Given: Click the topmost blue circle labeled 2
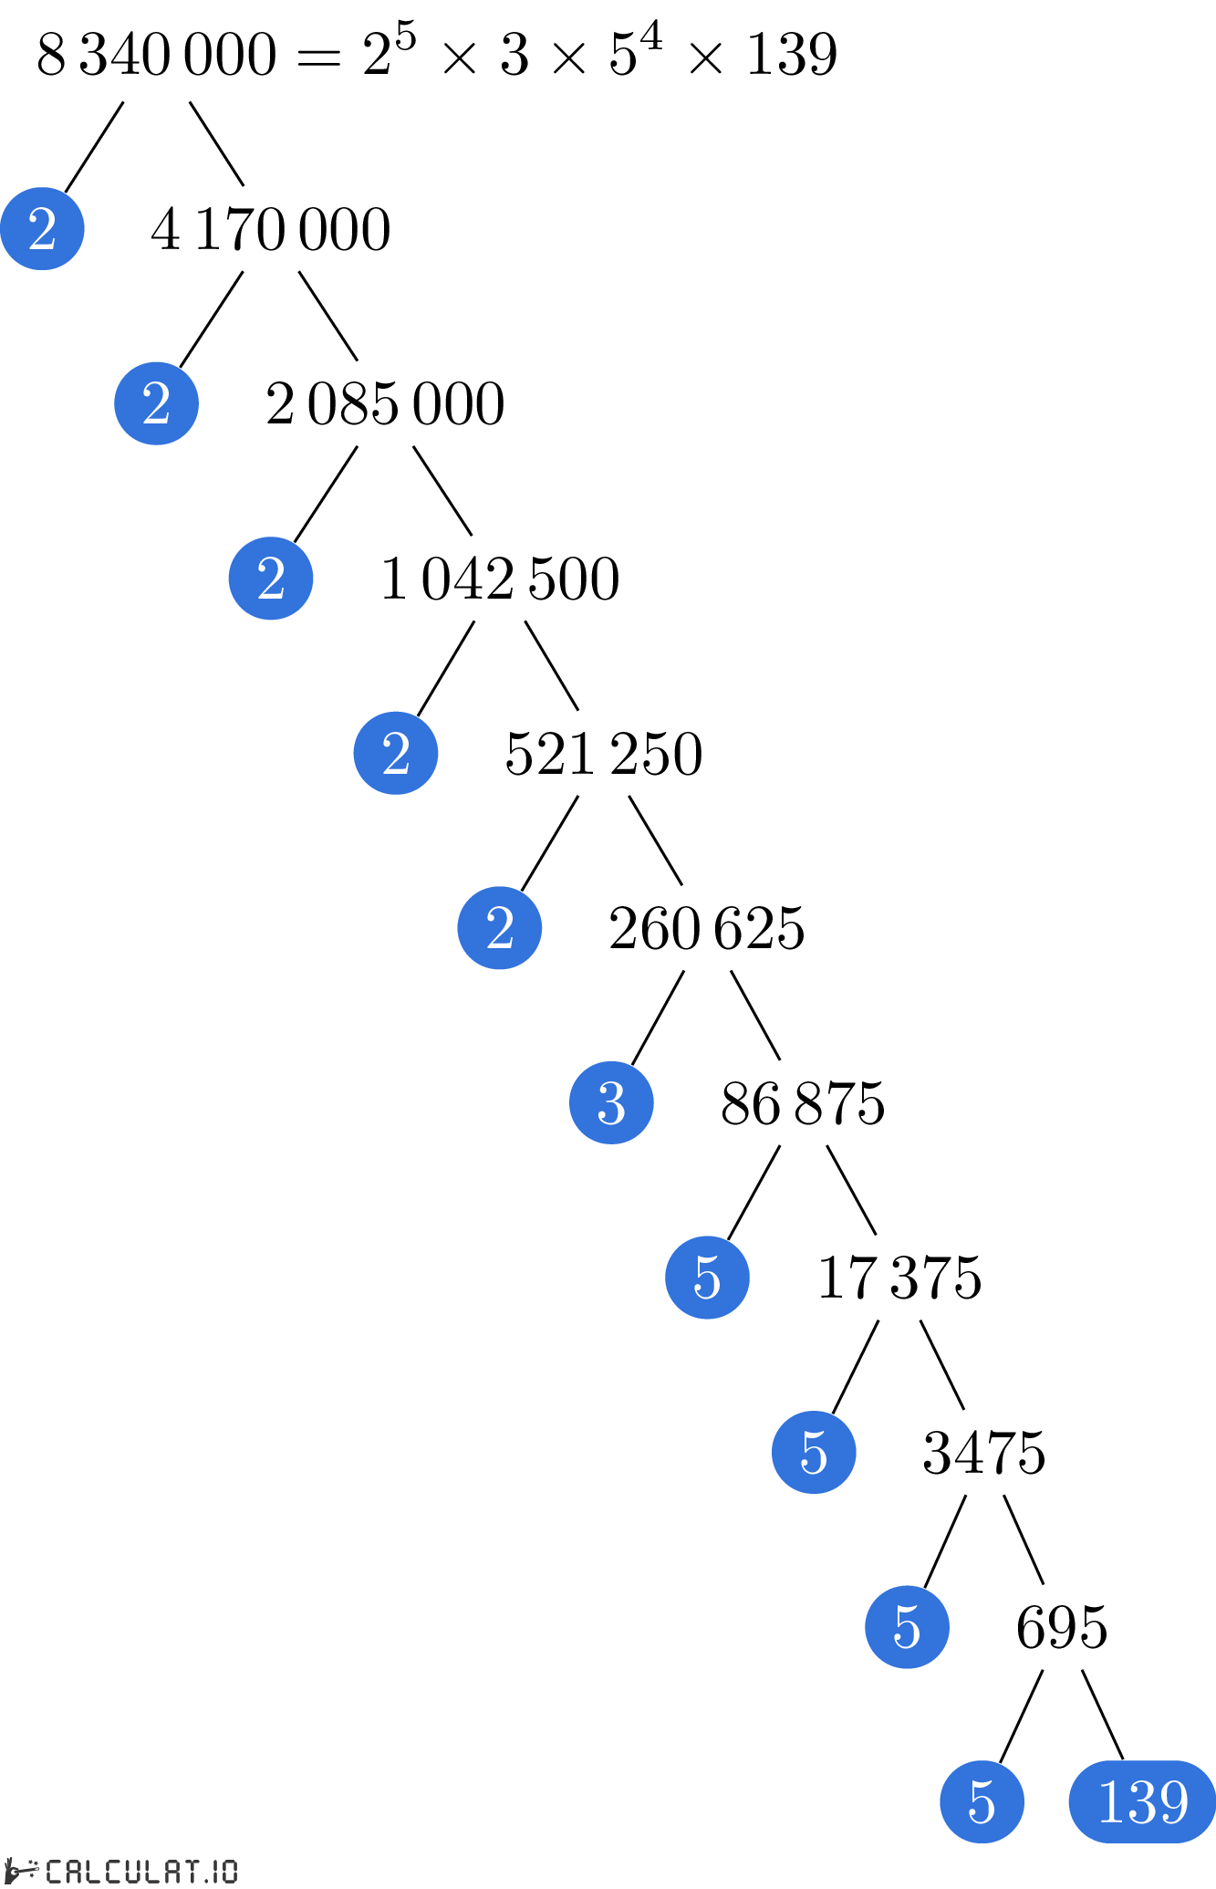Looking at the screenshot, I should (x=42, y=228).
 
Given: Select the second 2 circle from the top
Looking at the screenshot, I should (x=156, y=403).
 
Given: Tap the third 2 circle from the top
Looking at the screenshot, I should (x=271, y=579).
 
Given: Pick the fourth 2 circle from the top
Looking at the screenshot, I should (x=396, y=753).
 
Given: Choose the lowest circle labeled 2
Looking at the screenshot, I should (x=500, y=928).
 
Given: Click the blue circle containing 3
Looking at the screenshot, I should (x=611, y=1102).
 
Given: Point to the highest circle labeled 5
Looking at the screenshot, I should (x=707, y=1278).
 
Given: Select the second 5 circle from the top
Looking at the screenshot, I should (x=814, y=1452).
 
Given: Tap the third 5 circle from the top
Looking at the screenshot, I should (x=907, y=1627).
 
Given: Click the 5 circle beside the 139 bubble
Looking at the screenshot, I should (x=982, y=1801).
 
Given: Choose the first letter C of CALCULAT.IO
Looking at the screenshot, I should (x=54, y=1872).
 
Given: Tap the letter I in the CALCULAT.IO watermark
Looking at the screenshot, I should (x=215, y=1872).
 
